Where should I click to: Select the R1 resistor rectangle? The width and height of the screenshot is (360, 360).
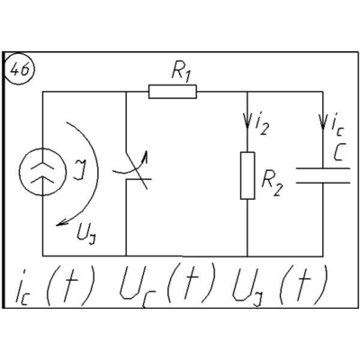pos(173,92)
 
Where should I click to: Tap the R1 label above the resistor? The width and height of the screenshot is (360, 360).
pos(181,73)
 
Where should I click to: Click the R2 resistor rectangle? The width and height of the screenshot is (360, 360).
pos(247,175)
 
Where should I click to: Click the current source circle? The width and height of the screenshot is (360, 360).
pos(42,172)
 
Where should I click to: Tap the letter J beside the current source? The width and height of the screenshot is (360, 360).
pos(78,170)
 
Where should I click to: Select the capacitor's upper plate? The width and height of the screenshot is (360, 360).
pos(323,168)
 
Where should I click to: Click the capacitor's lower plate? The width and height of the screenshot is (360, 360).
pos(323,182)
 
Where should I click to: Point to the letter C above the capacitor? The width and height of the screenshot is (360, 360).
pos(338,152)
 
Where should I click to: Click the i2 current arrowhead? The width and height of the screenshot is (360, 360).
pos(247,121)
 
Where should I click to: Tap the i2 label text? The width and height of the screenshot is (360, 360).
pos(261,125)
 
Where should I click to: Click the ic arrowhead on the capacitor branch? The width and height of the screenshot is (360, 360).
pos(323,121)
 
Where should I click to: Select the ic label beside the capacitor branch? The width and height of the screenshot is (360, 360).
pos(337,126)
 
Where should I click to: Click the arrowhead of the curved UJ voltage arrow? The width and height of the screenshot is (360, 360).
pos(61,222)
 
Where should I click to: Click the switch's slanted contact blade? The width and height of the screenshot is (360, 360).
pos(137,170)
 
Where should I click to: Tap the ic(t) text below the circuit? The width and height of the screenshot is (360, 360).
pos(55,286)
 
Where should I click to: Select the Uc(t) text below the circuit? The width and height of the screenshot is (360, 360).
pos(167,285)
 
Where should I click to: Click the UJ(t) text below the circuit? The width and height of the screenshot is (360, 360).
pos(280,286)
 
